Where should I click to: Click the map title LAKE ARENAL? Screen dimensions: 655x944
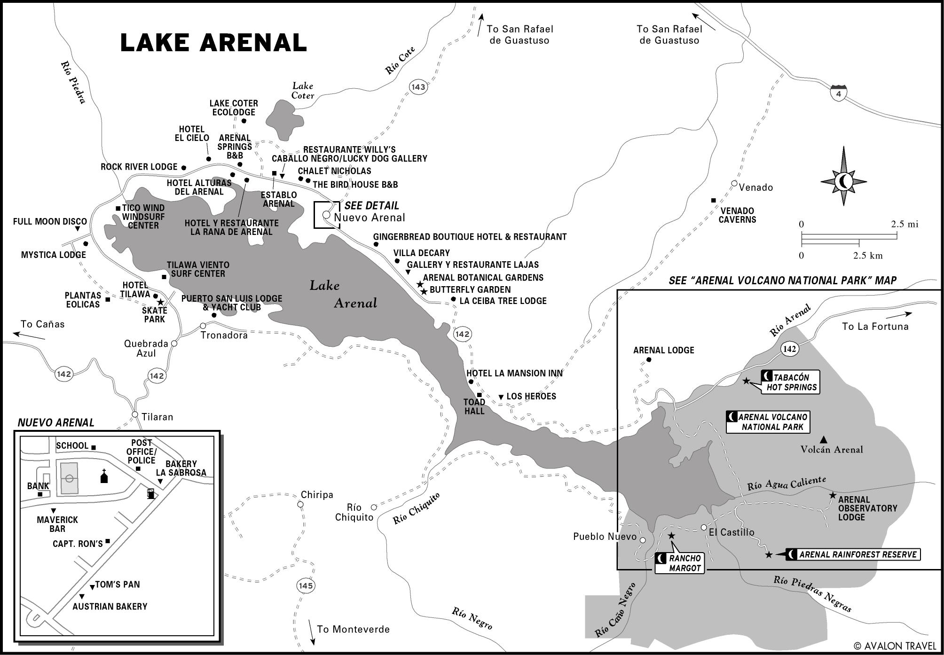click(x=213, y=43)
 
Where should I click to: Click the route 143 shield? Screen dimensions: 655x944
click(x=417, y=87)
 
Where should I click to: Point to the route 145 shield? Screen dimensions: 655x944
click(x=305, y=585)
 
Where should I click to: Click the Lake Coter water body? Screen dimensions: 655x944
click(x=283, y=118)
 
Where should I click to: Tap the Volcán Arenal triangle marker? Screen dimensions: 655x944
click(x=823, y=440)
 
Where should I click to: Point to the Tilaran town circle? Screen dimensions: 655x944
click(x=135, y=415)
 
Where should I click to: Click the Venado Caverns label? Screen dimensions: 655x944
click(x=737, y=215)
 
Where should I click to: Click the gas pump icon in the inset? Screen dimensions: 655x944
click(x=150, y=493)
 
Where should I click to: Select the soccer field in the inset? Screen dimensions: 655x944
click(x=69, y=478)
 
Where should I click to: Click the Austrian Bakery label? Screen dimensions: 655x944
click(x=110, y=607)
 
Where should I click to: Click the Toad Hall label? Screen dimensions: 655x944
click(x=474, y=406)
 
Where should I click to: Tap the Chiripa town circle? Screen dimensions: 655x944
click(x=300, y=505)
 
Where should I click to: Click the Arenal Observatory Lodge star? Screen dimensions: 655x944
click(x=832, y=495)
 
